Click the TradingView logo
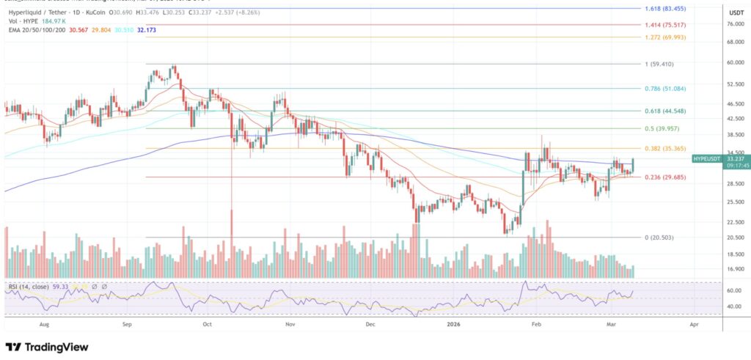(x=47, y=346)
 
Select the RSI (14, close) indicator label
(x=29, y=286)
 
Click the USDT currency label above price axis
(x=733, y=12)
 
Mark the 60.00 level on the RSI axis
(x=733, y=290)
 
